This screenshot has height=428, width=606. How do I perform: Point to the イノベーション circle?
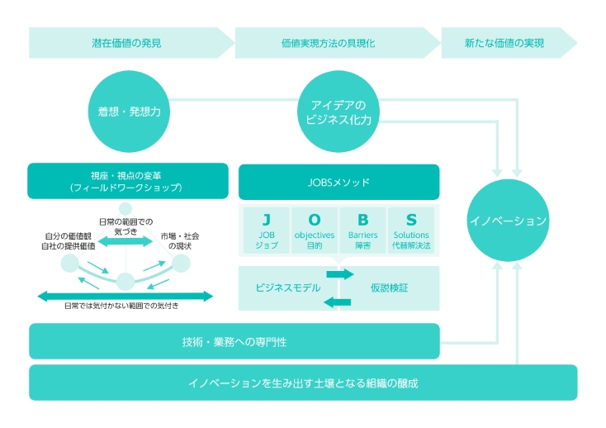point(507,221)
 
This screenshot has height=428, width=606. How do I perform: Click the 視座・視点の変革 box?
point(127,181)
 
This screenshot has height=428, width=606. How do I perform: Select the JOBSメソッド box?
point(339,182)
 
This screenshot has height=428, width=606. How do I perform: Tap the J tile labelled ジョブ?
point(266,231)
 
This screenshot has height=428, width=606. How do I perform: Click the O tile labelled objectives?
point(315,231)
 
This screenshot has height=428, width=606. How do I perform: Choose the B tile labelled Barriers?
point(363,231)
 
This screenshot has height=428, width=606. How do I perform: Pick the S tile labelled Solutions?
point(411,231)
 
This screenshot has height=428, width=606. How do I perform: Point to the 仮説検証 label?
point(390,288)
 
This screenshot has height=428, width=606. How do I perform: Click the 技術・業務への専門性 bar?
point(234,341)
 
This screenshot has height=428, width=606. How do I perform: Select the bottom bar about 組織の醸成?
point(303,383)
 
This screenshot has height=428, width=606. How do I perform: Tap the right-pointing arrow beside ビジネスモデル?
point(339,273)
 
